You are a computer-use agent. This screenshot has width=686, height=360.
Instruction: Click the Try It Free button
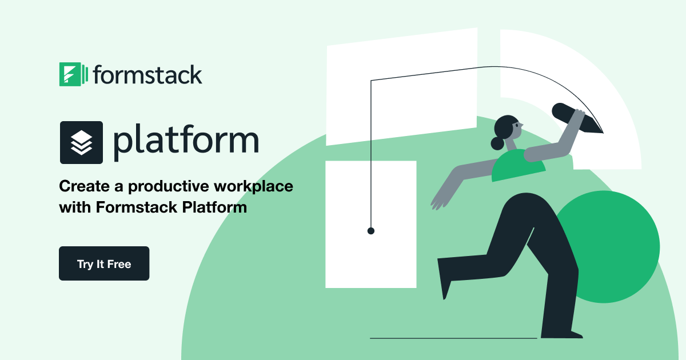(x=103, y=263)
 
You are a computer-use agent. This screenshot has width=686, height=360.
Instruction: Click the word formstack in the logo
(x=147, y=75)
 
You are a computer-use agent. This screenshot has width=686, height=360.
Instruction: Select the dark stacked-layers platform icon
(x=82, y=142)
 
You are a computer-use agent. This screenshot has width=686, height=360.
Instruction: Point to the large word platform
(x=186, y=142)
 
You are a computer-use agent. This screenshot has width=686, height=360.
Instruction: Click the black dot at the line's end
(x=370, y=231)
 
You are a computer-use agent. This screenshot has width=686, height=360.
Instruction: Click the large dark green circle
(x=612, y=246)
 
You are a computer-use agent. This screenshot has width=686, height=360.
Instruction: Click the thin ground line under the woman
(x=452, y=338)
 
